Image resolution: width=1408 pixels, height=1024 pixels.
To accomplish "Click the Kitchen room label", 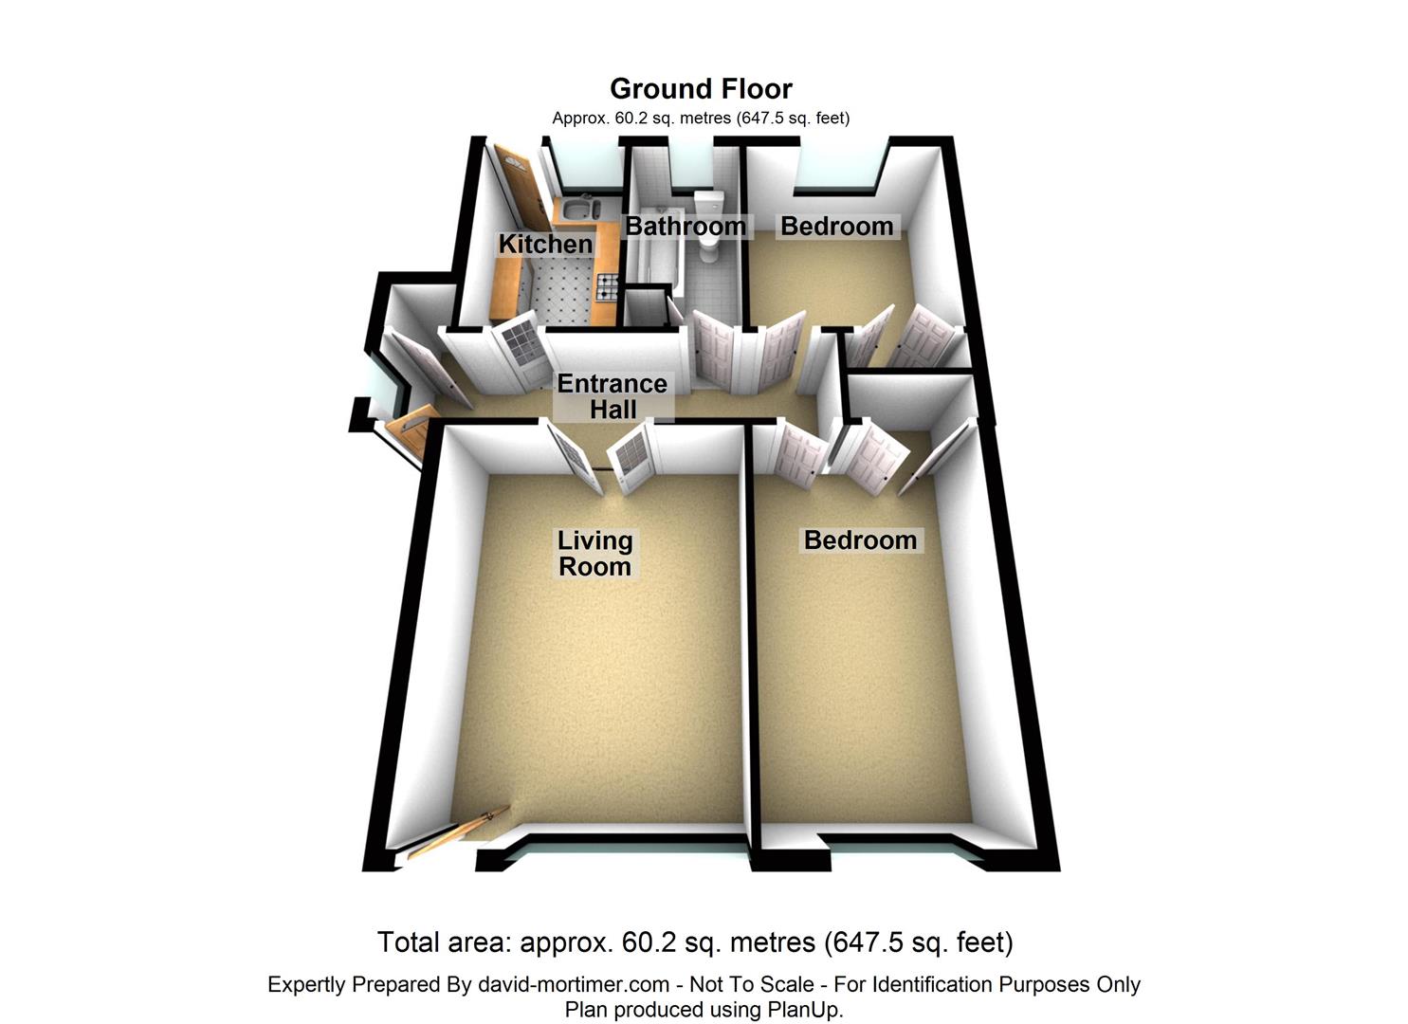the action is coord(545,244).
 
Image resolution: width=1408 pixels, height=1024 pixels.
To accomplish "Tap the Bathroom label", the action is coord(686,227).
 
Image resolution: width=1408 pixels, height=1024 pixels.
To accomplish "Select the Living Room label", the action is coord(594,554).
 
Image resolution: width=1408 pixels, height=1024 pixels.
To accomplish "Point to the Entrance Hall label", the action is coord(613,396).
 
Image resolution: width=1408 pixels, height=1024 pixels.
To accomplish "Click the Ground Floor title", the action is coord(701,88).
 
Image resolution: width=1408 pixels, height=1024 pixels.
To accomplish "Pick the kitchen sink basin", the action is coord(576,208).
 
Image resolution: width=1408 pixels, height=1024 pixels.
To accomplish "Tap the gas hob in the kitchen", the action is coord(607,286).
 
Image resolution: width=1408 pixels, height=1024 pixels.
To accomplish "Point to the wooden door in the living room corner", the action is coord(459,832).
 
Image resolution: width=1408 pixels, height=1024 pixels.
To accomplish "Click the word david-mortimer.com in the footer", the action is coord(574,984).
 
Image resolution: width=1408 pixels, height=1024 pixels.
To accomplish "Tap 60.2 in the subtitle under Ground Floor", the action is coord(630,119).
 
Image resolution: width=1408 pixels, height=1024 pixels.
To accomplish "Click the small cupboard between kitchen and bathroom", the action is coord(646,307).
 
